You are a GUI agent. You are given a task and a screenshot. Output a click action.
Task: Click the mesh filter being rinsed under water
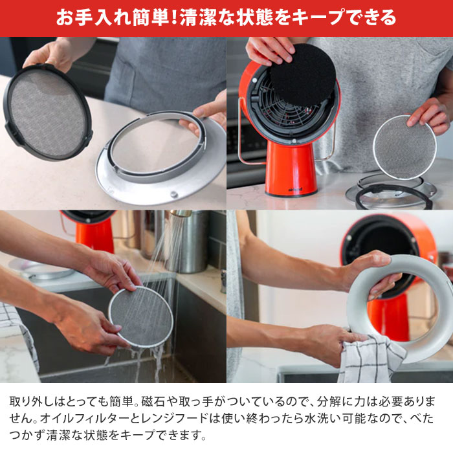(140, 317)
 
